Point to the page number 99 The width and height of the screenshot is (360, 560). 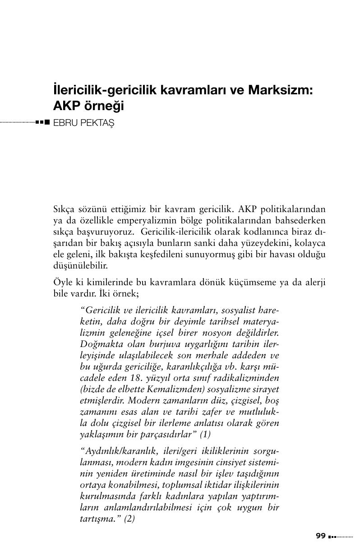(321, 536)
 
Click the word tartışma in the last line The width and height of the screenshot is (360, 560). (95, 519)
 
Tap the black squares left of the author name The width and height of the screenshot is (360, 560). (43, 122)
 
